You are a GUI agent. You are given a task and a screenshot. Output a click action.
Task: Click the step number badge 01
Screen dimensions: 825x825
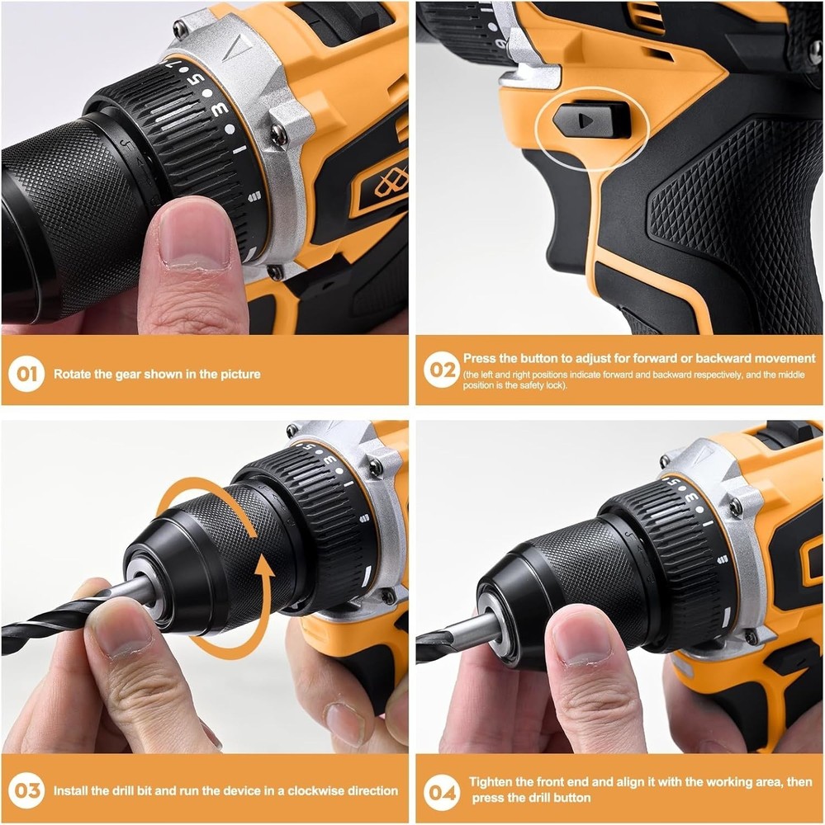click(28, 374)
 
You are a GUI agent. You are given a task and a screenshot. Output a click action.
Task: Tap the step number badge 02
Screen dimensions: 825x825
click(442, 370)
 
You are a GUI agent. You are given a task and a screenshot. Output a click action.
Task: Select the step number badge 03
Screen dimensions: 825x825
click(28, 790)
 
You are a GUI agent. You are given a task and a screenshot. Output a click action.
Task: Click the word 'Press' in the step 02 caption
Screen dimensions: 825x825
click(480, 359)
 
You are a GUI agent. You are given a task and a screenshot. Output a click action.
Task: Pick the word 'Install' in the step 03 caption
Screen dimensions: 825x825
click(72, 790)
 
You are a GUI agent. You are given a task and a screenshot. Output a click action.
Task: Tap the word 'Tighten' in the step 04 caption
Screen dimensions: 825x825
click(493, 782)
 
